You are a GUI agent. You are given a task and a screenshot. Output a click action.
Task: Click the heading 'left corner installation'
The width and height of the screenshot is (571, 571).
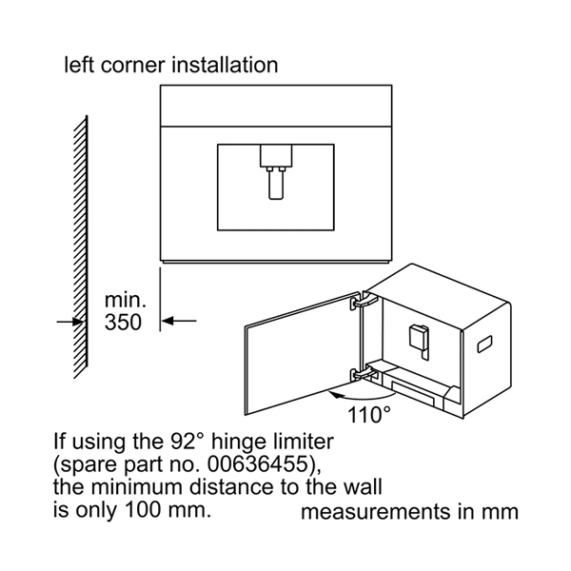coord(171,65)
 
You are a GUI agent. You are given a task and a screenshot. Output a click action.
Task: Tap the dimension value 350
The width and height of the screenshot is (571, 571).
coord(123,323)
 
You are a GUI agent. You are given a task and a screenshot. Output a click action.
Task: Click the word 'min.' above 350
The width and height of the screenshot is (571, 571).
coord(126,300)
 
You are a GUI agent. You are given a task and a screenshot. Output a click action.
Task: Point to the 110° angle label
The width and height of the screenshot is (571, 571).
coord(369,414)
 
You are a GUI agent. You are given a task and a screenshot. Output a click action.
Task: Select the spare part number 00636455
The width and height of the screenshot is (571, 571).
coord(257,464)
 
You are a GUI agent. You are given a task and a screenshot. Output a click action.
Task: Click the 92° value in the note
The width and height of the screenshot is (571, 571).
coord(186,441)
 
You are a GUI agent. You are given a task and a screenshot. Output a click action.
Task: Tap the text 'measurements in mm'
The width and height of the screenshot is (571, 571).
coord(409,511)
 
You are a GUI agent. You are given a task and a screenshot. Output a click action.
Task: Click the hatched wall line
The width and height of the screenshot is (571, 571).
coord(81,246)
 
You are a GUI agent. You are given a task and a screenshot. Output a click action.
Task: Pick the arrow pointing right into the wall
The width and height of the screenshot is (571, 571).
coord(70,322)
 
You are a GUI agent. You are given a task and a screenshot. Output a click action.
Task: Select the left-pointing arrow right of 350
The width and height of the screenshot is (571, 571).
coord(179,321)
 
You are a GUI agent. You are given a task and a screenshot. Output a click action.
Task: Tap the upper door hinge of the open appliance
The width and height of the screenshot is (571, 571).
coord(364,301)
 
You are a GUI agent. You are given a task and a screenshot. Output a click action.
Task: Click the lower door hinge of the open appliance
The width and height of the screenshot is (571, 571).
coord(364,373)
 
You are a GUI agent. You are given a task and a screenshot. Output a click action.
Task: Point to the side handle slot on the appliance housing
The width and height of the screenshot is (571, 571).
coord(484,345)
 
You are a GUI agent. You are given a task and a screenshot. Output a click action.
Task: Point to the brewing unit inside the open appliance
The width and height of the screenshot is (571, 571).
coord(419,339)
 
